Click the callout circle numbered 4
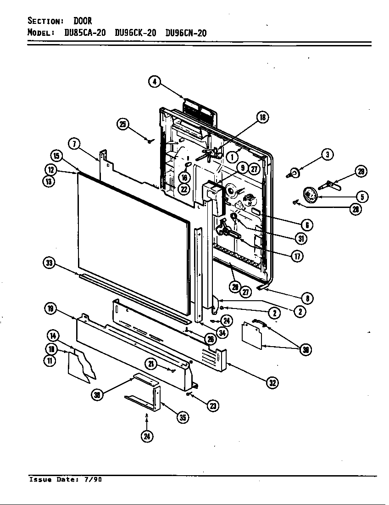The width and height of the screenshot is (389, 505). (x=155, y=82)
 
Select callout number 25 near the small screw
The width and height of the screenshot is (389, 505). (x=122, y=124)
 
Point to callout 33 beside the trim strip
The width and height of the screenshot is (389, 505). (x=49, y=263)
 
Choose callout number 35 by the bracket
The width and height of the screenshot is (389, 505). (x=183, y=417)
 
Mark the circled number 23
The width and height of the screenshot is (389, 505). (x=212, y=405)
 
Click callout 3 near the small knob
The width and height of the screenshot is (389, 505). (x=327, y=155)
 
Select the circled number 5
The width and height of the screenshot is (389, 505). (x=362, y=197)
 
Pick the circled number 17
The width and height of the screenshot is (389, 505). (x=297, y=256)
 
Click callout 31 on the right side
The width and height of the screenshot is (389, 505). (x=301, y=238)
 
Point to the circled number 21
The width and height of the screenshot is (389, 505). (x=151, y=364)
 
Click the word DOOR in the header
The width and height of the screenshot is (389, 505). (x=83, y=21)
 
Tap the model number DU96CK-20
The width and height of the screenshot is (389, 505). (x=135, y=33)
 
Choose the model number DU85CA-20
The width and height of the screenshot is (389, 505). (x=85, y=33)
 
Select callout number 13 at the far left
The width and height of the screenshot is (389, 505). (x=50, y=181)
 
